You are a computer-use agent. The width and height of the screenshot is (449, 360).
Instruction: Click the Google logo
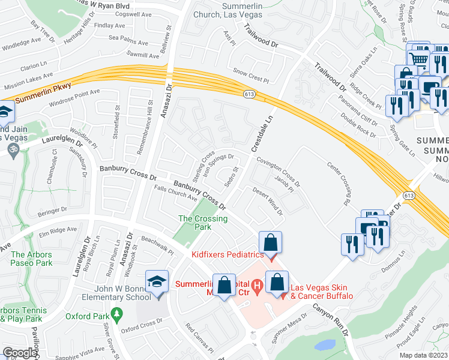point(20,353)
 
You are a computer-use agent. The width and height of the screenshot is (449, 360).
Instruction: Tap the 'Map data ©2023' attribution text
point(423,355)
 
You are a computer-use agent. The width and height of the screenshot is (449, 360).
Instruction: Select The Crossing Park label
point(203,223)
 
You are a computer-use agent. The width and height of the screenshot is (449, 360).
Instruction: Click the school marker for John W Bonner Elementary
point(157,284)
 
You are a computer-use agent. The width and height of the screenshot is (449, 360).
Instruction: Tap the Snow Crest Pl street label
point(250,78)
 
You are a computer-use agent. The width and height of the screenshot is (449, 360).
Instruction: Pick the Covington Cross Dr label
point(278,172)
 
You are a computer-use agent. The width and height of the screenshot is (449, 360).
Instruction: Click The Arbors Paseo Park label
point(31,259)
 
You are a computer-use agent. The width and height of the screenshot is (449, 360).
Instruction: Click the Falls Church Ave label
point(176,193)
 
